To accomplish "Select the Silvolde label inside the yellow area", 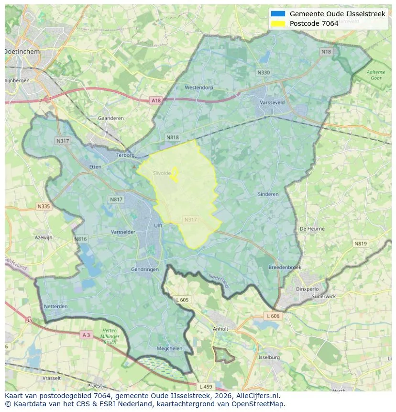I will [x=162, y=173].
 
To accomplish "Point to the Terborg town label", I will [x=126, y=155].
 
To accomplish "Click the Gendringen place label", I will [x=144, y=269].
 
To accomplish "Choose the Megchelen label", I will [x=170, y=348].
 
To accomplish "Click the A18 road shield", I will [x=156, y=100].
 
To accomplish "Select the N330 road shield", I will [x=263, y=73].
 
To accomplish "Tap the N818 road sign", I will [x=173, y=137].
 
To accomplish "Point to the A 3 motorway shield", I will [x=86, y=335].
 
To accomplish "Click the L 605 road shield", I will [x=182, y=300].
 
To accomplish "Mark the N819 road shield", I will [x=361, y=244].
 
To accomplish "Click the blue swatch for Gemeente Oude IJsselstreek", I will [x=277, y=14].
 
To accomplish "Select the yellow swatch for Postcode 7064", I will [x=277, y=23].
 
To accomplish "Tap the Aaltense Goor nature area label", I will [x=375, y=75].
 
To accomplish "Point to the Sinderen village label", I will [x=268, y=194].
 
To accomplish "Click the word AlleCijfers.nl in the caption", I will [x=258, y=396].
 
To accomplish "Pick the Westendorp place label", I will [x=198, y=88].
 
